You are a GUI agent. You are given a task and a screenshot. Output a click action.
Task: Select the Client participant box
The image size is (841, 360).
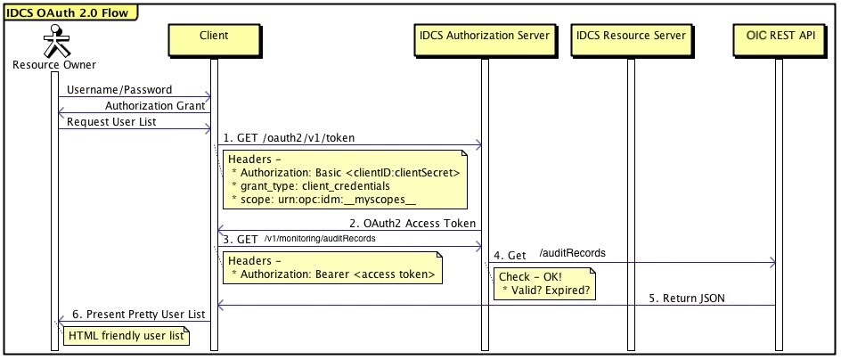coord(214,37)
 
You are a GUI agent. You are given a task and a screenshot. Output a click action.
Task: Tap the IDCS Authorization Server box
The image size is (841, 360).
coord(485,37)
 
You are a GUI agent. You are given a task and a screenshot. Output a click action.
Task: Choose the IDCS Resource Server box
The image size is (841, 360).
coord(631,37)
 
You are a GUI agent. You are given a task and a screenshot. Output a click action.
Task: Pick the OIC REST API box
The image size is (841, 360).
coord(778,37)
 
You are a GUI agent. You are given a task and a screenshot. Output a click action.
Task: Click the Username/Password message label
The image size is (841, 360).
coord(119,90)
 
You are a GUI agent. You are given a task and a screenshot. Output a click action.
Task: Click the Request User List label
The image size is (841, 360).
coord(112,121)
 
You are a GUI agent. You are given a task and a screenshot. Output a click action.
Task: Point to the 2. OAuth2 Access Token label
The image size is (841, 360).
coord(412,223)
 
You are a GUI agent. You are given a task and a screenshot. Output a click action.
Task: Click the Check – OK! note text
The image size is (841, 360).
coord(524,276)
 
